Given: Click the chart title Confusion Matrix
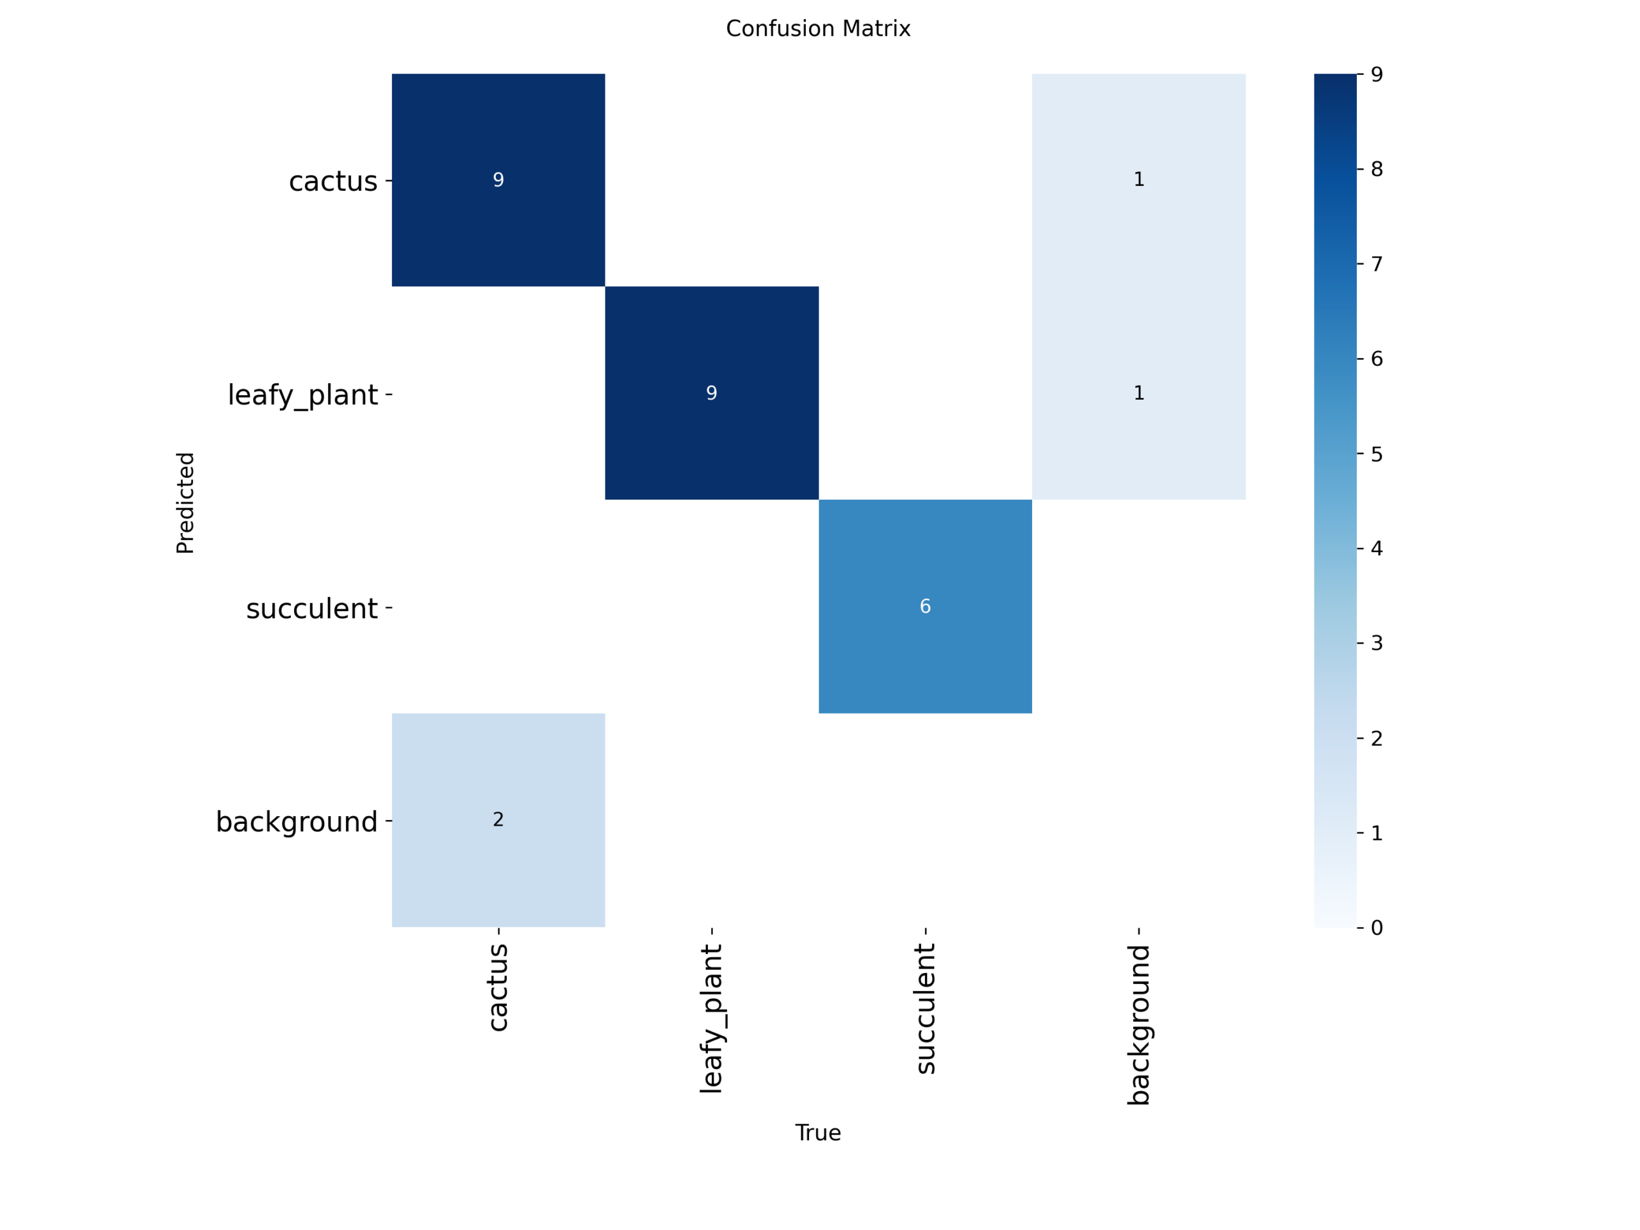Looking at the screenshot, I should point(818,29).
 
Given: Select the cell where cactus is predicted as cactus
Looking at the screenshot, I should point(498,179).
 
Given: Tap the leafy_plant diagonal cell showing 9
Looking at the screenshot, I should point(712,393).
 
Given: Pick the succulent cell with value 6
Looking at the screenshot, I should point(924,607).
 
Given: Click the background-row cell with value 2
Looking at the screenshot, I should point(498,819).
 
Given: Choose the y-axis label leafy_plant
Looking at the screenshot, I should point(302,395).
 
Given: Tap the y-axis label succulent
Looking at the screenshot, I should point(311,609).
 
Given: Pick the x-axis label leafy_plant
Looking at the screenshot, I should point(712,1018).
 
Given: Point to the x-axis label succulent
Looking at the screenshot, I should point(925,1008).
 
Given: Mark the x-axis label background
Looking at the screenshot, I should point(1139,1024).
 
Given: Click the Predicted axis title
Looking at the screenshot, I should point(185,503).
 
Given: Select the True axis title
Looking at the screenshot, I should point(818,1133).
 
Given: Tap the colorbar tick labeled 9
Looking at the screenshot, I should point(1377,75).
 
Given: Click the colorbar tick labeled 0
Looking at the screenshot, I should point(1377,928).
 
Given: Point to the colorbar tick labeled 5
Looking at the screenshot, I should point(1377,454).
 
